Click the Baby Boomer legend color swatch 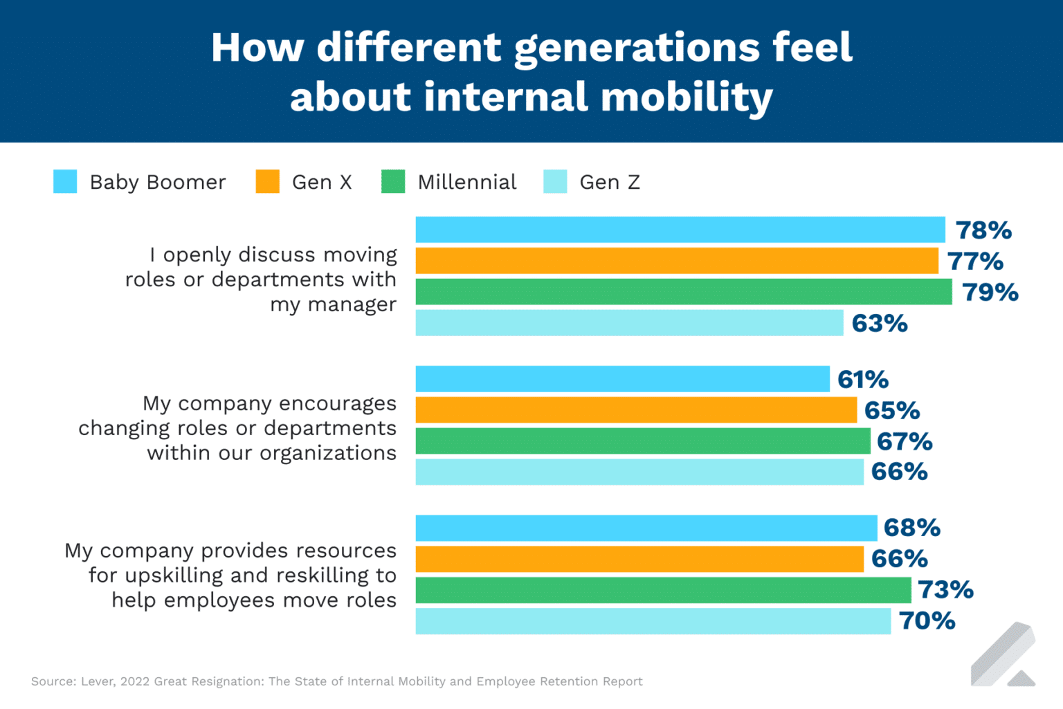65,181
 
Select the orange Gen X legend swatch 267,181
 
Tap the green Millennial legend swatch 393,181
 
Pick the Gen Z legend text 610,182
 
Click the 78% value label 983,230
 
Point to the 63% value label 880,323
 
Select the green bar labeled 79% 683,292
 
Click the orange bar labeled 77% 676,261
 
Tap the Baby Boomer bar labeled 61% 622,379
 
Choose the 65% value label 892,410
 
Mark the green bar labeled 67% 642,441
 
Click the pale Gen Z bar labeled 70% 653,621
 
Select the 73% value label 945,589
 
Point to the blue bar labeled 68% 646,528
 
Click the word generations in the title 637,48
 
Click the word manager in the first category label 352,304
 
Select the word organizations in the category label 328,453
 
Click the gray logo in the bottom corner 1003,655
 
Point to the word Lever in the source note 97,681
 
